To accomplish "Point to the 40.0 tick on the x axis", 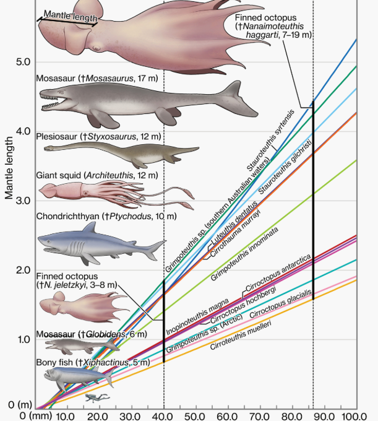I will [x=164, y=415].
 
